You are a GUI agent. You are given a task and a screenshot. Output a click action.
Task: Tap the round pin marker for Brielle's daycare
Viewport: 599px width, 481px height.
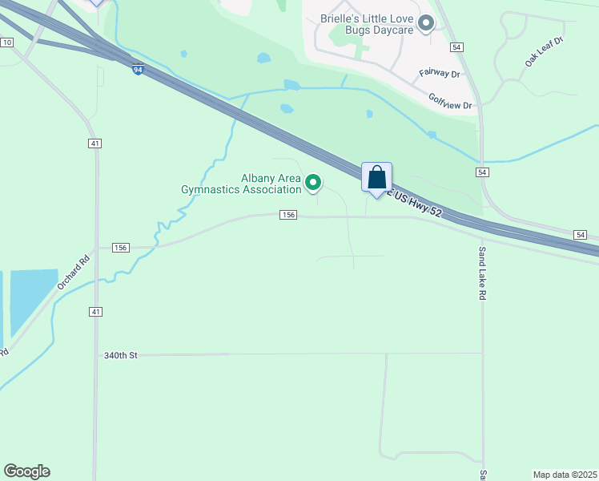(x=425, y=23)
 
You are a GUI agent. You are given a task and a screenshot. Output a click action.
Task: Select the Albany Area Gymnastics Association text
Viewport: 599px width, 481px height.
(x=240, y=184)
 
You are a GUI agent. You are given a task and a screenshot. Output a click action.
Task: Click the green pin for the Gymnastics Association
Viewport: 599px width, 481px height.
(x=313, y=184)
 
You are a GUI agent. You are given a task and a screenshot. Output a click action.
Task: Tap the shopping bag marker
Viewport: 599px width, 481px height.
(x=376, y=178)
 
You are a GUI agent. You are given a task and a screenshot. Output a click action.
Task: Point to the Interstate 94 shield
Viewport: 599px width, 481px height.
(x=138, y=70)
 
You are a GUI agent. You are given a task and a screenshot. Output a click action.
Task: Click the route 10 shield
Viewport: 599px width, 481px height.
(x=6, y=42)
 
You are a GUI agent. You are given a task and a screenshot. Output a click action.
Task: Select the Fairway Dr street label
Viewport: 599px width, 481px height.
(x=440, y=74)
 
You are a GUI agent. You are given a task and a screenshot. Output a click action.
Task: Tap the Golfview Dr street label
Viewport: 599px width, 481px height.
(x=450, y=101)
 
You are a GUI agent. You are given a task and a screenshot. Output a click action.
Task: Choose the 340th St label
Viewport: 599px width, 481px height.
(x=121, y=354)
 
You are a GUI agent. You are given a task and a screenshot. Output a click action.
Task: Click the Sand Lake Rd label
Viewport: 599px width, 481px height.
(x=482, y=273)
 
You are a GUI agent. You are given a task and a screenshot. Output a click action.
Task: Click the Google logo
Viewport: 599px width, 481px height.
(x=26, y=471)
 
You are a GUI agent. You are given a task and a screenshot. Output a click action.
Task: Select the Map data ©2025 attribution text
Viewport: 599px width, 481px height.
(x=565, y=474)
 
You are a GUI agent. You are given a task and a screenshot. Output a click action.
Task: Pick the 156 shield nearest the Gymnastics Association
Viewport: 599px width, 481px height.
(x=288, y=215)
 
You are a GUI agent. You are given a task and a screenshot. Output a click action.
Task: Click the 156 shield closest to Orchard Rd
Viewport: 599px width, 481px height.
(x=121, y=248)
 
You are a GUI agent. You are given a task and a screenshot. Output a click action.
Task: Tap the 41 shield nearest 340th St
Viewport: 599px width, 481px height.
(x=96, y=311)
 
